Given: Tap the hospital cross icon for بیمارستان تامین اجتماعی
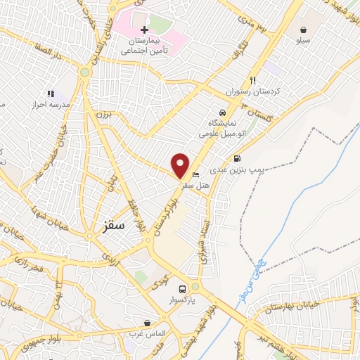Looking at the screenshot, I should coord(144,30).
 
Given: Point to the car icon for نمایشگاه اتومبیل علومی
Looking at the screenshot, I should coord(222,112).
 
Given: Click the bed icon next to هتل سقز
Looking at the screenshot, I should coord(196,174).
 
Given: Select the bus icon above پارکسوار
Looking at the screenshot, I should coord(182,289).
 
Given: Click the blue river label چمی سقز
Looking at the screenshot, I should coord(251,278).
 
